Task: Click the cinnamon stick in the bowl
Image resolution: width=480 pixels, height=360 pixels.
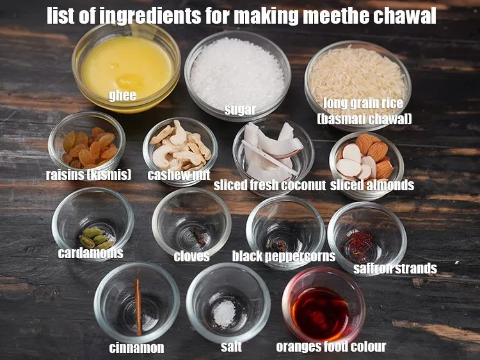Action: point(138,306)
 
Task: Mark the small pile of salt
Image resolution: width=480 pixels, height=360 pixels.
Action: point(224,313)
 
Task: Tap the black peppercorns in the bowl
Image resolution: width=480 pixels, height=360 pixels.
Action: point(280,245)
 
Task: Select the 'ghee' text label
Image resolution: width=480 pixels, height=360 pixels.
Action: point(122,96)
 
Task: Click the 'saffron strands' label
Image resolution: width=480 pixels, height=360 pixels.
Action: point(395,268)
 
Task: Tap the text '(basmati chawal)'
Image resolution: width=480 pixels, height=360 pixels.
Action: point(364,119)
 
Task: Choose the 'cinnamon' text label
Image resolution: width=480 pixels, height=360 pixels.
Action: point(136,348)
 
